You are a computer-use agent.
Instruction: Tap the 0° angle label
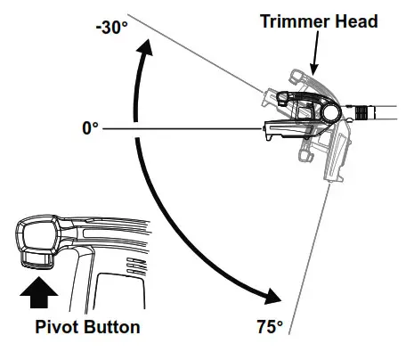[90, 129]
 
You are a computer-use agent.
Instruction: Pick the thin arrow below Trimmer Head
[313, 55]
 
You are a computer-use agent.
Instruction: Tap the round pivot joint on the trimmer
[330, 113]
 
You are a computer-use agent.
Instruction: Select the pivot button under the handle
[37, 259]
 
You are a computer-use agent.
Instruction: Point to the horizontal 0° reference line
[178, 129]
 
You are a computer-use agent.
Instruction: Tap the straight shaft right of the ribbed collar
[386, 112]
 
